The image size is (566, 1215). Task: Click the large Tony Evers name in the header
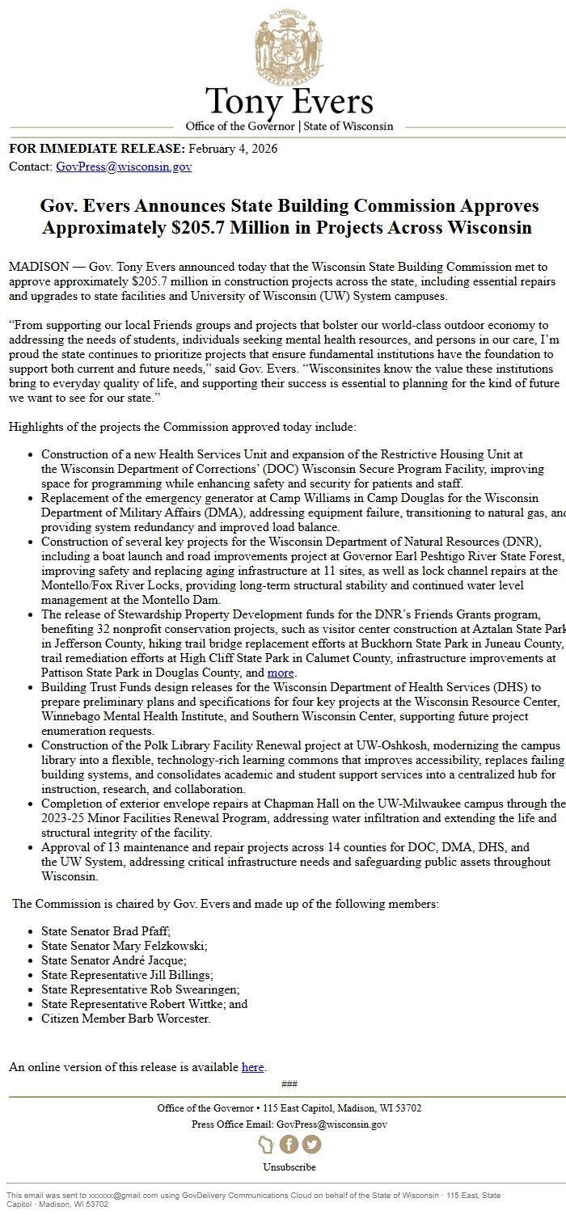pyautogui.click(x=289, y=103)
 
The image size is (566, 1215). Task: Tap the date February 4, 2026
pyautogui.click(x=233, y=149)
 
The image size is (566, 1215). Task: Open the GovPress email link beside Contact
pyautogui.click(x=124, y=167)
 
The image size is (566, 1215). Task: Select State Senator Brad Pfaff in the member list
pyautogui.click(x=106, y=931)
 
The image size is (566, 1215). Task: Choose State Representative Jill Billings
pyautogui.click(x=127, y=975)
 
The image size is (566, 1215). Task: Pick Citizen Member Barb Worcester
pyautogui.click(x=125, y=1019)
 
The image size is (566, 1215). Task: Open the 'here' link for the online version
pyautogui.click(x=252, y=1067)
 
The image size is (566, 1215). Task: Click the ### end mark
pyautogui.click(x=289, y=1084)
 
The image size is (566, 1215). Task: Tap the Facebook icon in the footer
pyautogui.click(x=289, y=1145)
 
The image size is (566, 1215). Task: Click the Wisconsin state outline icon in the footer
pyautogui.click(x=266, y=1145)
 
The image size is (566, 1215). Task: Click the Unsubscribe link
pyautogui.click(x=289, y=1167)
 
